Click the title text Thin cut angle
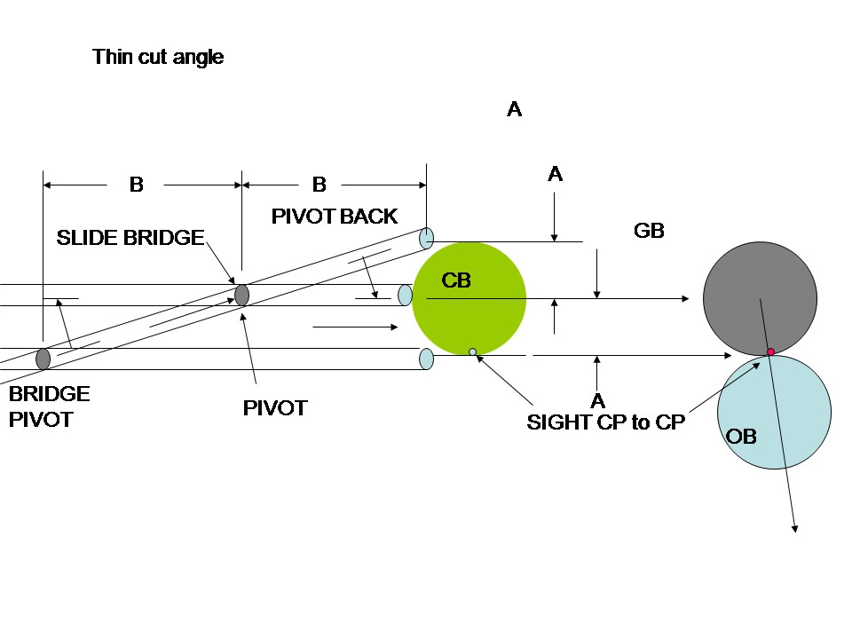[x=158, y=58]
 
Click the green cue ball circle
[x=469, y=299]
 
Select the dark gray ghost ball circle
[x=760, y=298]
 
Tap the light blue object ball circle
[x=774, y=412]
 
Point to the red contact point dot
[x=770, y=352]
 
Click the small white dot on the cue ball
[x=472, y=352]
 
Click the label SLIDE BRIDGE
[x=130, y=238]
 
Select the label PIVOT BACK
[x=334, y=217]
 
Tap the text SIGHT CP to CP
[x=606, y=422]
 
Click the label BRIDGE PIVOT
[x=49, y=406]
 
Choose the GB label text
[x=649, y=231]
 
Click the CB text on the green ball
[x=456, y=281]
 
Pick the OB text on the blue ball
[x=741, y=438]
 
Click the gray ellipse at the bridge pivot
[x=43, y=359]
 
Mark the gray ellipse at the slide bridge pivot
[x=241, y=295]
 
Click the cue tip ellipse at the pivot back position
[x=427, y=237]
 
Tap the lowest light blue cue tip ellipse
[x=426, y=359]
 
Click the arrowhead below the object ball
[x=795, y=530]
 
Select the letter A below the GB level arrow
[x=597, y=400]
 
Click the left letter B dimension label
[x=137, y=185]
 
